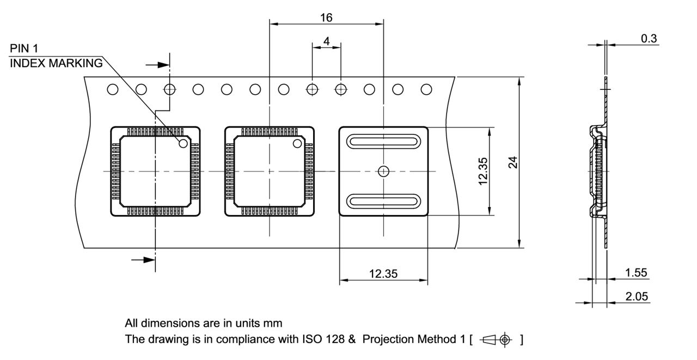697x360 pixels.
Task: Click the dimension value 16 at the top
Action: pos(326,17)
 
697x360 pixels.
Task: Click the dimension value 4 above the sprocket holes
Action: pos(326,41)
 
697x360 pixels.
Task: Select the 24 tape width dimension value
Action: pos(512,162)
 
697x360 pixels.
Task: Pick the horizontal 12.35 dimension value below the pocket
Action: pos(383,274)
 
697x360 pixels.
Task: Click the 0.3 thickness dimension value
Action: pos(649,38)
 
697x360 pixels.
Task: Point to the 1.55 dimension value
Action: pos(636,273)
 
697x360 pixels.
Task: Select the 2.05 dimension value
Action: pos(636,296)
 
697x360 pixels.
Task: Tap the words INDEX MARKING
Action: pos(56,63)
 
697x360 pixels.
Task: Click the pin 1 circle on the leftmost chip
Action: pos(184,143)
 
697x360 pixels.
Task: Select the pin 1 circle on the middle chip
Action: pos(297,143)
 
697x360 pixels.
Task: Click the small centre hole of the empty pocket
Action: pos(383,172)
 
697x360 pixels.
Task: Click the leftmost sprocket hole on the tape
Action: pos(113,89)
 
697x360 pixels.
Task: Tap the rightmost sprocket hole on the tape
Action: pos(426,89)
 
